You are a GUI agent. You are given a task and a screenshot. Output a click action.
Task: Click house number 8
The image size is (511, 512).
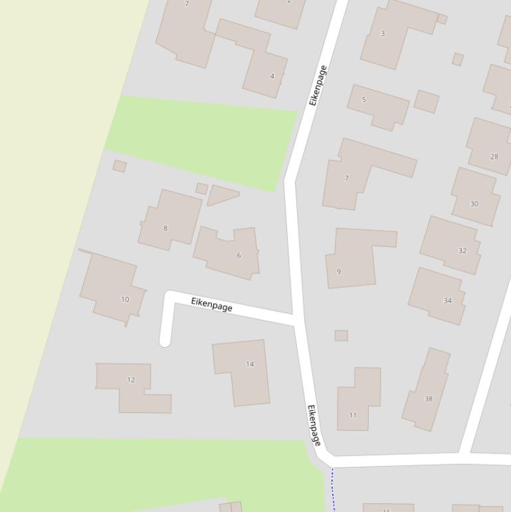(165, 228)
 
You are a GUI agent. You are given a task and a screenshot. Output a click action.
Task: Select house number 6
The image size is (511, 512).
(239, 255)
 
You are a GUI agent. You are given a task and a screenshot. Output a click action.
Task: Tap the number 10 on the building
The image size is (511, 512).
(125, 299)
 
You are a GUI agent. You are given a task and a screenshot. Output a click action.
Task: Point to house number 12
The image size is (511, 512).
(131, 380)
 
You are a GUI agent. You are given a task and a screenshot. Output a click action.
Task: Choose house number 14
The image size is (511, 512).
(250, 364)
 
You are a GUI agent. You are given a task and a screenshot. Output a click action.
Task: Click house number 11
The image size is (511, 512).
(353, 415)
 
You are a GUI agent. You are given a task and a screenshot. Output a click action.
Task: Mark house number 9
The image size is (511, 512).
(339, 271)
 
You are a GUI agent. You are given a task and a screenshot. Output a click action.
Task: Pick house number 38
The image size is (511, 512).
(429, 399)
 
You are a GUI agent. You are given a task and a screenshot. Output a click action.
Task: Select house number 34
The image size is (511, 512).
(447, 301)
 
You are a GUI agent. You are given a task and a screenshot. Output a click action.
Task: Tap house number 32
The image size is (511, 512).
(462, 251)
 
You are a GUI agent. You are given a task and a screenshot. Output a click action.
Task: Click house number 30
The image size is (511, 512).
(474, 204)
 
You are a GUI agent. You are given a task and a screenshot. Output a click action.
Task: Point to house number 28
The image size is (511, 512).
(494, 157)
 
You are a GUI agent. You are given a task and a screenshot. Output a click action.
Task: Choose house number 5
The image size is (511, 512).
(363, 100)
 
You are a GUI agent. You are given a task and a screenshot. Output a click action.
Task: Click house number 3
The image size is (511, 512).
(382, 33)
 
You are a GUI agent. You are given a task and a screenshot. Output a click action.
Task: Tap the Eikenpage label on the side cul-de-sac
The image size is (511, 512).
(212, 305)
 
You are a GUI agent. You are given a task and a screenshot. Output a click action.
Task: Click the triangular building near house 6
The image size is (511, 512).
(221, 195)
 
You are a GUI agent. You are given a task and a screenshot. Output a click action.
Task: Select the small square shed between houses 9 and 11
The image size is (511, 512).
(341, 336)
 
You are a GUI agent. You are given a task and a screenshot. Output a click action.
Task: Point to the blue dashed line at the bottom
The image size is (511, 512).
(333, 489)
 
